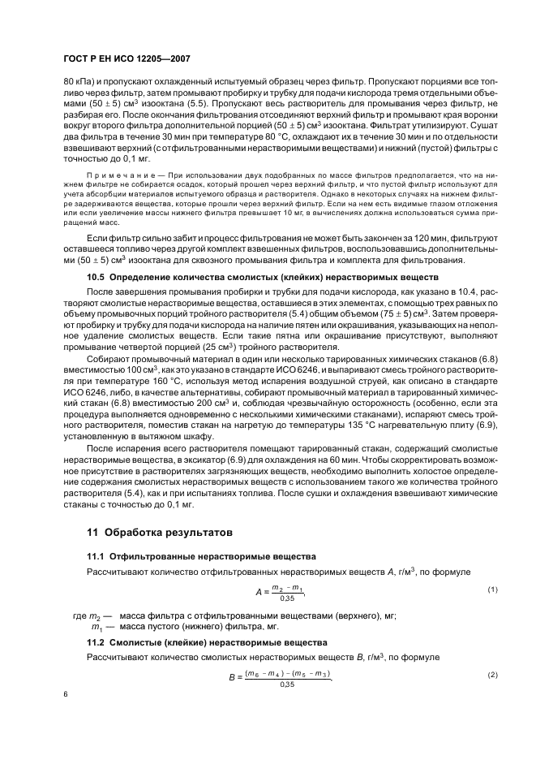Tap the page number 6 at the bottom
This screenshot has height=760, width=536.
pos(66,695)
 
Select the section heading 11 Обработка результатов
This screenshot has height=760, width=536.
pos(153,533)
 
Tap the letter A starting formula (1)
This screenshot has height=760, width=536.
pos(257,593)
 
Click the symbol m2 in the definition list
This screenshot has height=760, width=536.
pos(96,616)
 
